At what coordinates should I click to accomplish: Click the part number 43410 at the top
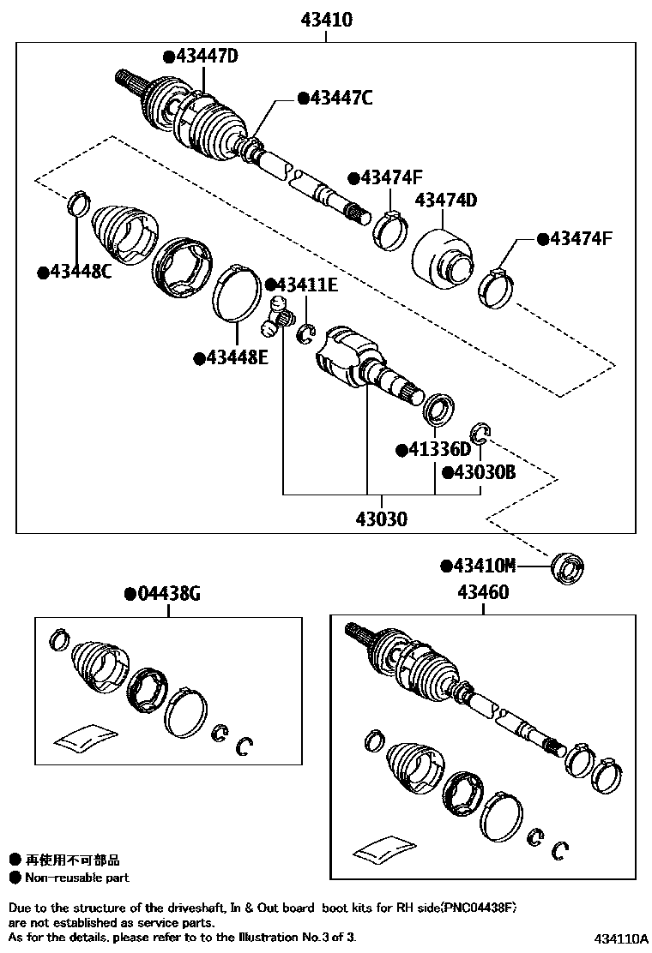[x=326, y=19]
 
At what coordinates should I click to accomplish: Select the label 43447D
[x=205, y=57]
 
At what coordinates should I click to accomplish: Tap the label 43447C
[x=340, y=99]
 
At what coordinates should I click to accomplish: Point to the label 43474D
[x=445, y=201]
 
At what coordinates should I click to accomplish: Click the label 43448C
[x=81, y=272]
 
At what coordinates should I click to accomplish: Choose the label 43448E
[x=235, y=357]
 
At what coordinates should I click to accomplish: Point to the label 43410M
[x=483, y=566]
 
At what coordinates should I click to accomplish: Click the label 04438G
[x=167, y=593]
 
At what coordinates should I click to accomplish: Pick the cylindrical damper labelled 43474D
[x=442, y=257]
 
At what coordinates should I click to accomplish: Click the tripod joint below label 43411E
[x=276, y=317]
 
